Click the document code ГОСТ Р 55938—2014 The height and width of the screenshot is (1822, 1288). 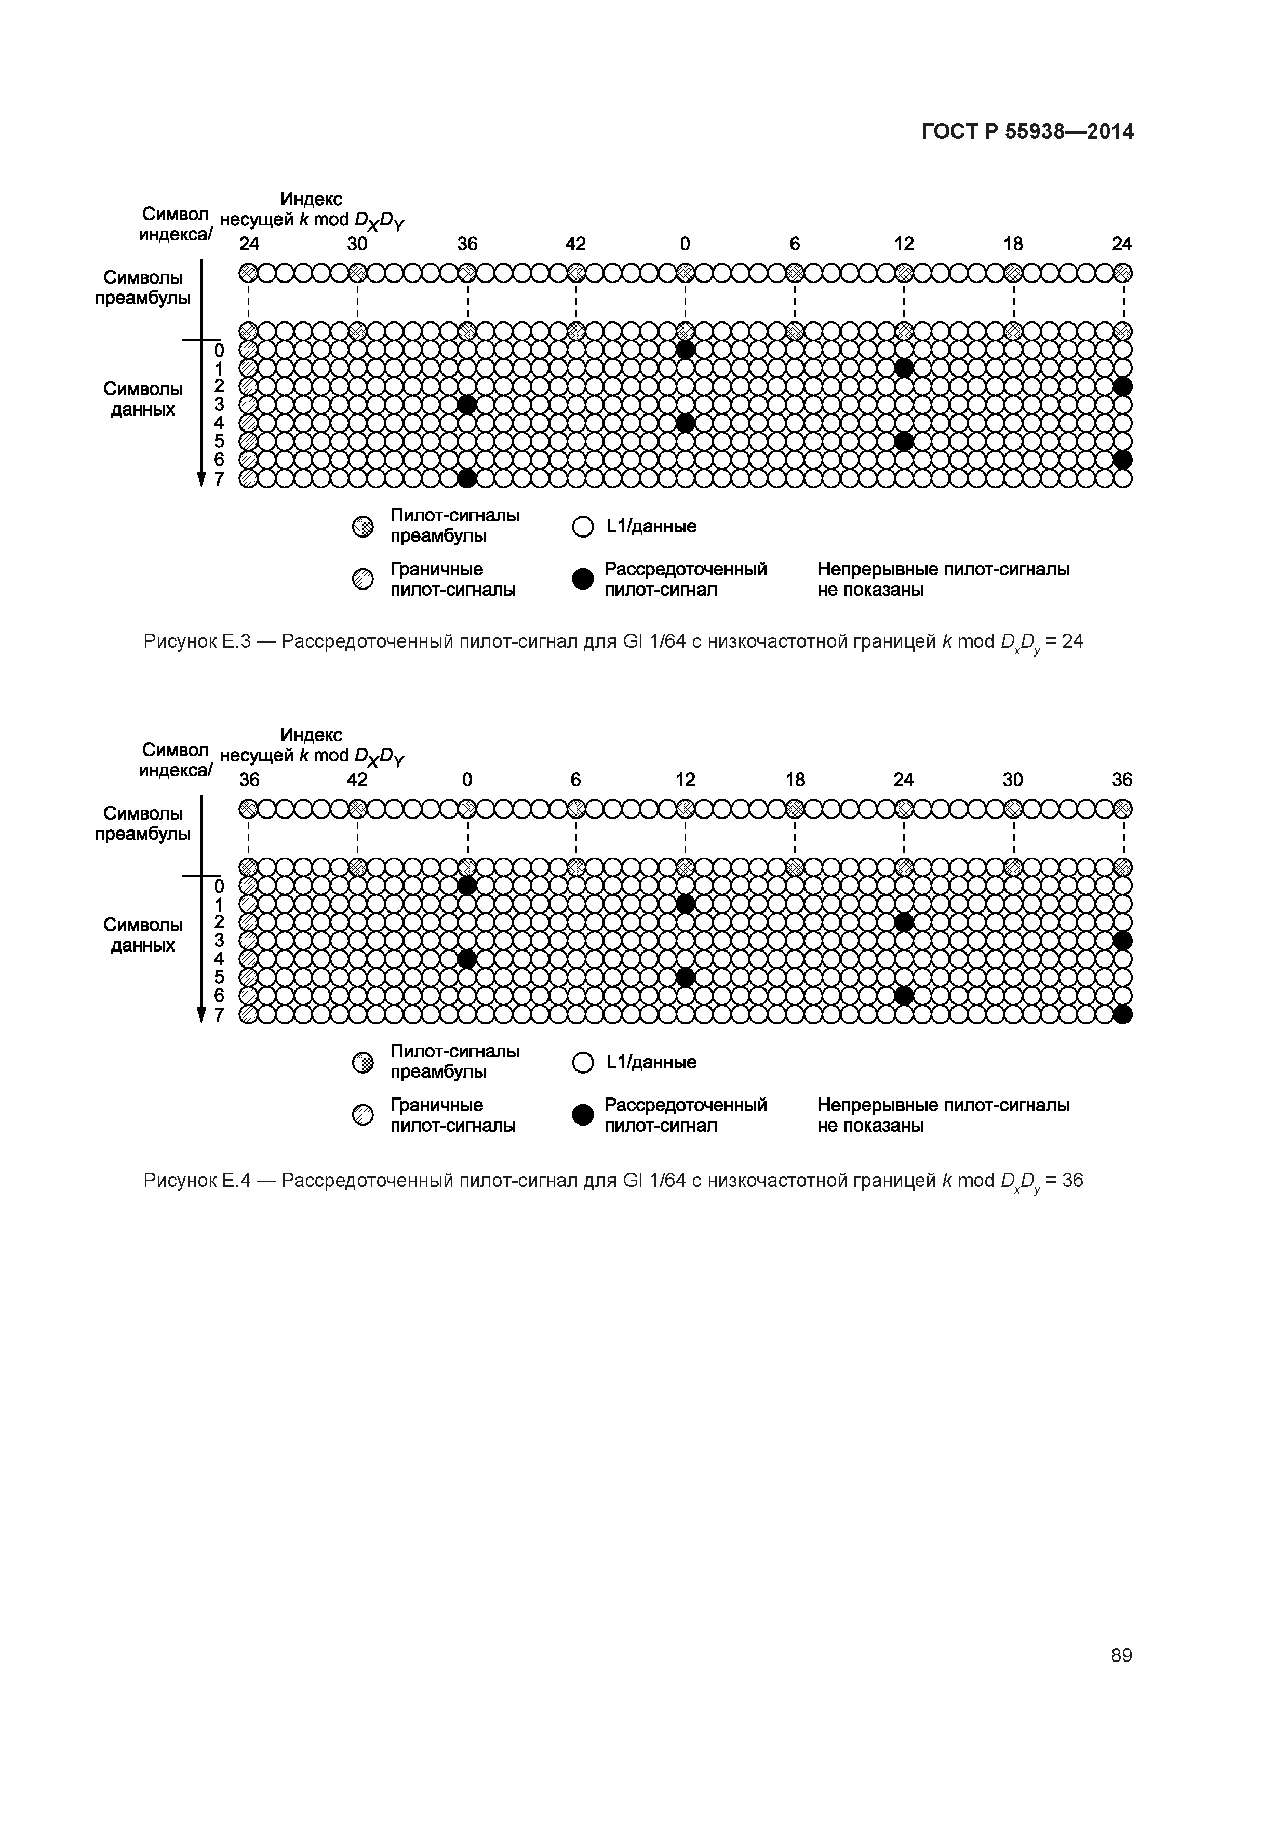pyautogui.click(x=1027, y=132)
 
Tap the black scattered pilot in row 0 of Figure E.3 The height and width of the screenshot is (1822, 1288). pyautogui.click(x=686, y=349)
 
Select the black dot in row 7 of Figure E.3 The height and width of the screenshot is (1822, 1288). pyautogui.click(x=467, y=478)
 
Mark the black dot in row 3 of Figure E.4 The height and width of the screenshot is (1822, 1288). pyautogui.click(x=1122, y=941)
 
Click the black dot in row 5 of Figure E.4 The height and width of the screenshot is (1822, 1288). pyautogui.click(x=686, y=977)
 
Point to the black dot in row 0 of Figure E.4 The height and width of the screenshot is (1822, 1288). pyautogui.click(x=467, y=885)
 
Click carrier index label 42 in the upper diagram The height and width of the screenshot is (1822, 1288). pyautogui.click(x=575, y=244)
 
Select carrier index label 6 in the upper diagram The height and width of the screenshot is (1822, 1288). pyautogui.click(x=795, y=244)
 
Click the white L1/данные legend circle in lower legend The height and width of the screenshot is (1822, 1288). pyautogui.click(x=583, y=1063)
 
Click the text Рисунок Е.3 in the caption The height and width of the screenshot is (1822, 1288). pyautogui.click(x=197, y=641)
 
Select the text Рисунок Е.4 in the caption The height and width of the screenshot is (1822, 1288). pyautogui.click(x=197, y=1180)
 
